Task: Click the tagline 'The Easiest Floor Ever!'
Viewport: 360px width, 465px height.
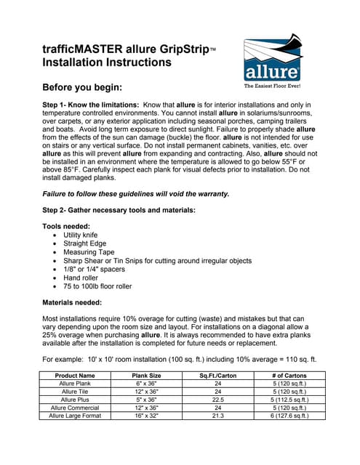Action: (273, 86)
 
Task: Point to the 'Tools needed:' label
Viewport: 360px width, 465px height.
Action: (67, 226)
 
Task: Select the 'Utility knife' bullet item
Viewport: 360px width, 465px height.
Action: (83, 235)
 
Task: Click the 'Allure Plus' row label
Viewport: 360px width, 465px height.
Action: (75, 400)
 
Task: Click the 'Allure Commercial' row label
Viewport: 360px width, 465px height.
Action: (75, 408)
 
